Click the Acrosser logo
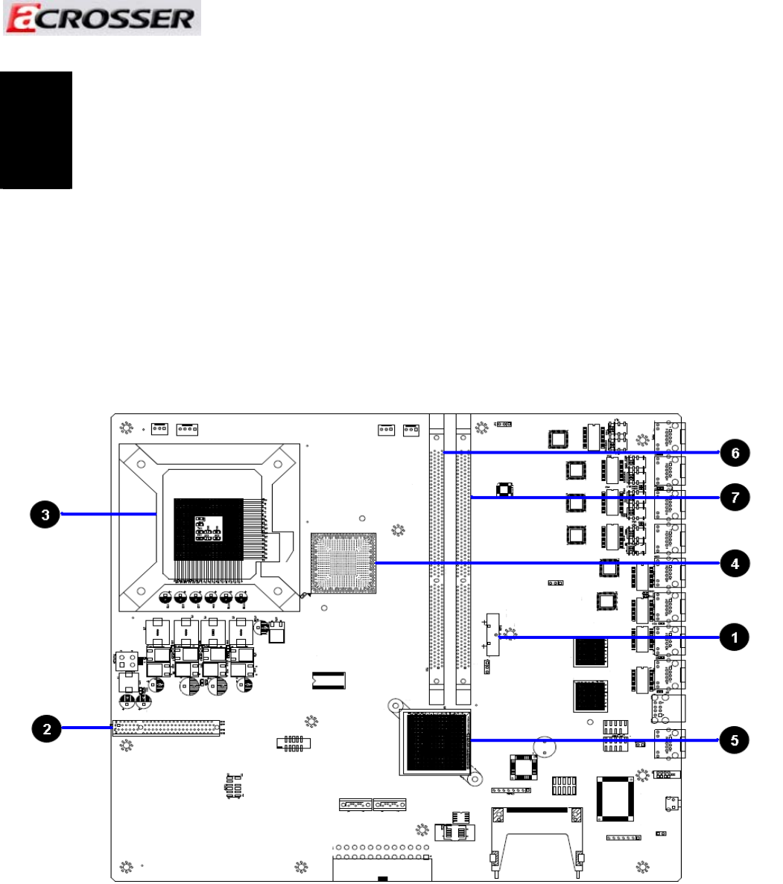[x=101, y=18]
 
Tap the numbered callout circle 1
[x=735, y=637]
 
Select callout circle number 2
[x=46, y=728]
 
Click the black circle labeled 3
[x=45, y=514]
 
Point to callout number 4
[x=735, y=563]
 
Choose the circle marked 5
[x=735, y=740]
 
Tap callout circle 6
[x=735, y=453]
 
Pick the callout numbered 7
[x=735, y=497]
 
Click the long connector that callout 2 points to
[x=166, y=728]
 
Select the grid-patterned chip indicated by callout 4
[x=343, y=563]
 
